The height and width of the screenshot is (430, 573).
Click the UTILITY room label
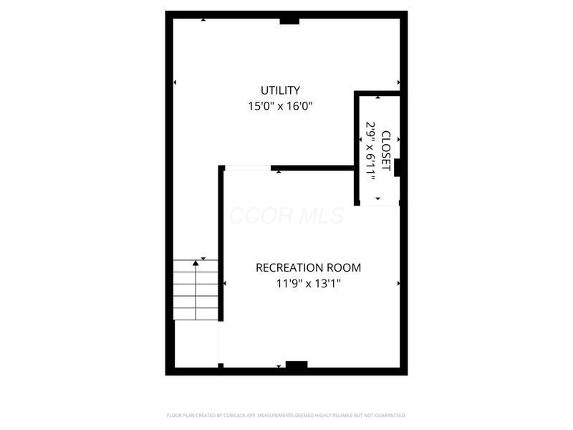(x=280, y=90)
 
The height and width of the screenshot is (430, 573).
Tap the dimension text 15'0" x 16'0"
(x=280, y=106)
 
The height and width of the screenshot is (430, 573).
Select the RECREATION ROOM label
(x=309, y=268)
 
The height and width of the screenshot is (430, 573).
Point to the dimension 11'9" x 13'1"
(x=309, y=283)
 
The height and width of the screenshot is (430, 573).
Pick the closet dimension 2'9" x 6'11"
(x=371, y=151)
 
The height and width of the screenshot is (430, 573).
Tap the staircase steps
(x=196, y=290)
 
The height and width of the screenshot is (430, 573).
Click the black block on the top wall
(x=289, y=20)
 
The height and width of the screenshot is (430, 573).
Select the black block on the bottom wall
(x=297, y=365)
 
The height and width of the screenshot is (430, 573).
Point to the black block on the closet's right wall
(x=398, y=167)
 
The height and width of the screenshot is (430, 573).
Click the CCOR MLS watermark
(x=286, y=216)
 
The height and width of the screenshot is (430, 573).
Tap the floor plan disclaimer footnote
(x=286, y=415)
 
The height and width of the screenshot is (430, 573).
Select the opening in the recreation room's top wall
(x=249, y=168)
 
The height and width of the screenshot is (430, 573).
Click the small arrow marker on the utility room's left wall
(x=175, y=82)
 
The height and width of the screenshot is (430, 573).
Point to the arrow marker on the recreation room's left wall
(x=225, y=284)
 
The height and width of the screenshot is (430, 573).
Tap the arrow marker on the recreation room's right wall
(x=398, y=284)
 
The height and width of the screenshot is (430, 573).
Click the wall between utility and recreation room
(x=313, y=168)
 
